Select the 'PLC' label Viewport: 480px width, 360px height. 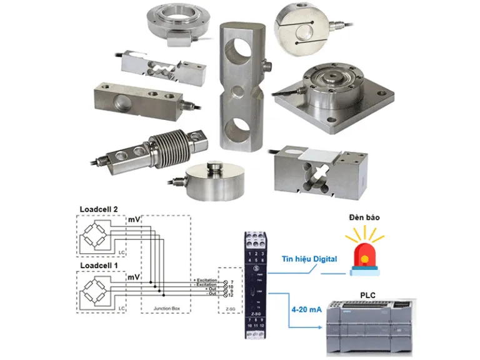coord(368,294)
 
